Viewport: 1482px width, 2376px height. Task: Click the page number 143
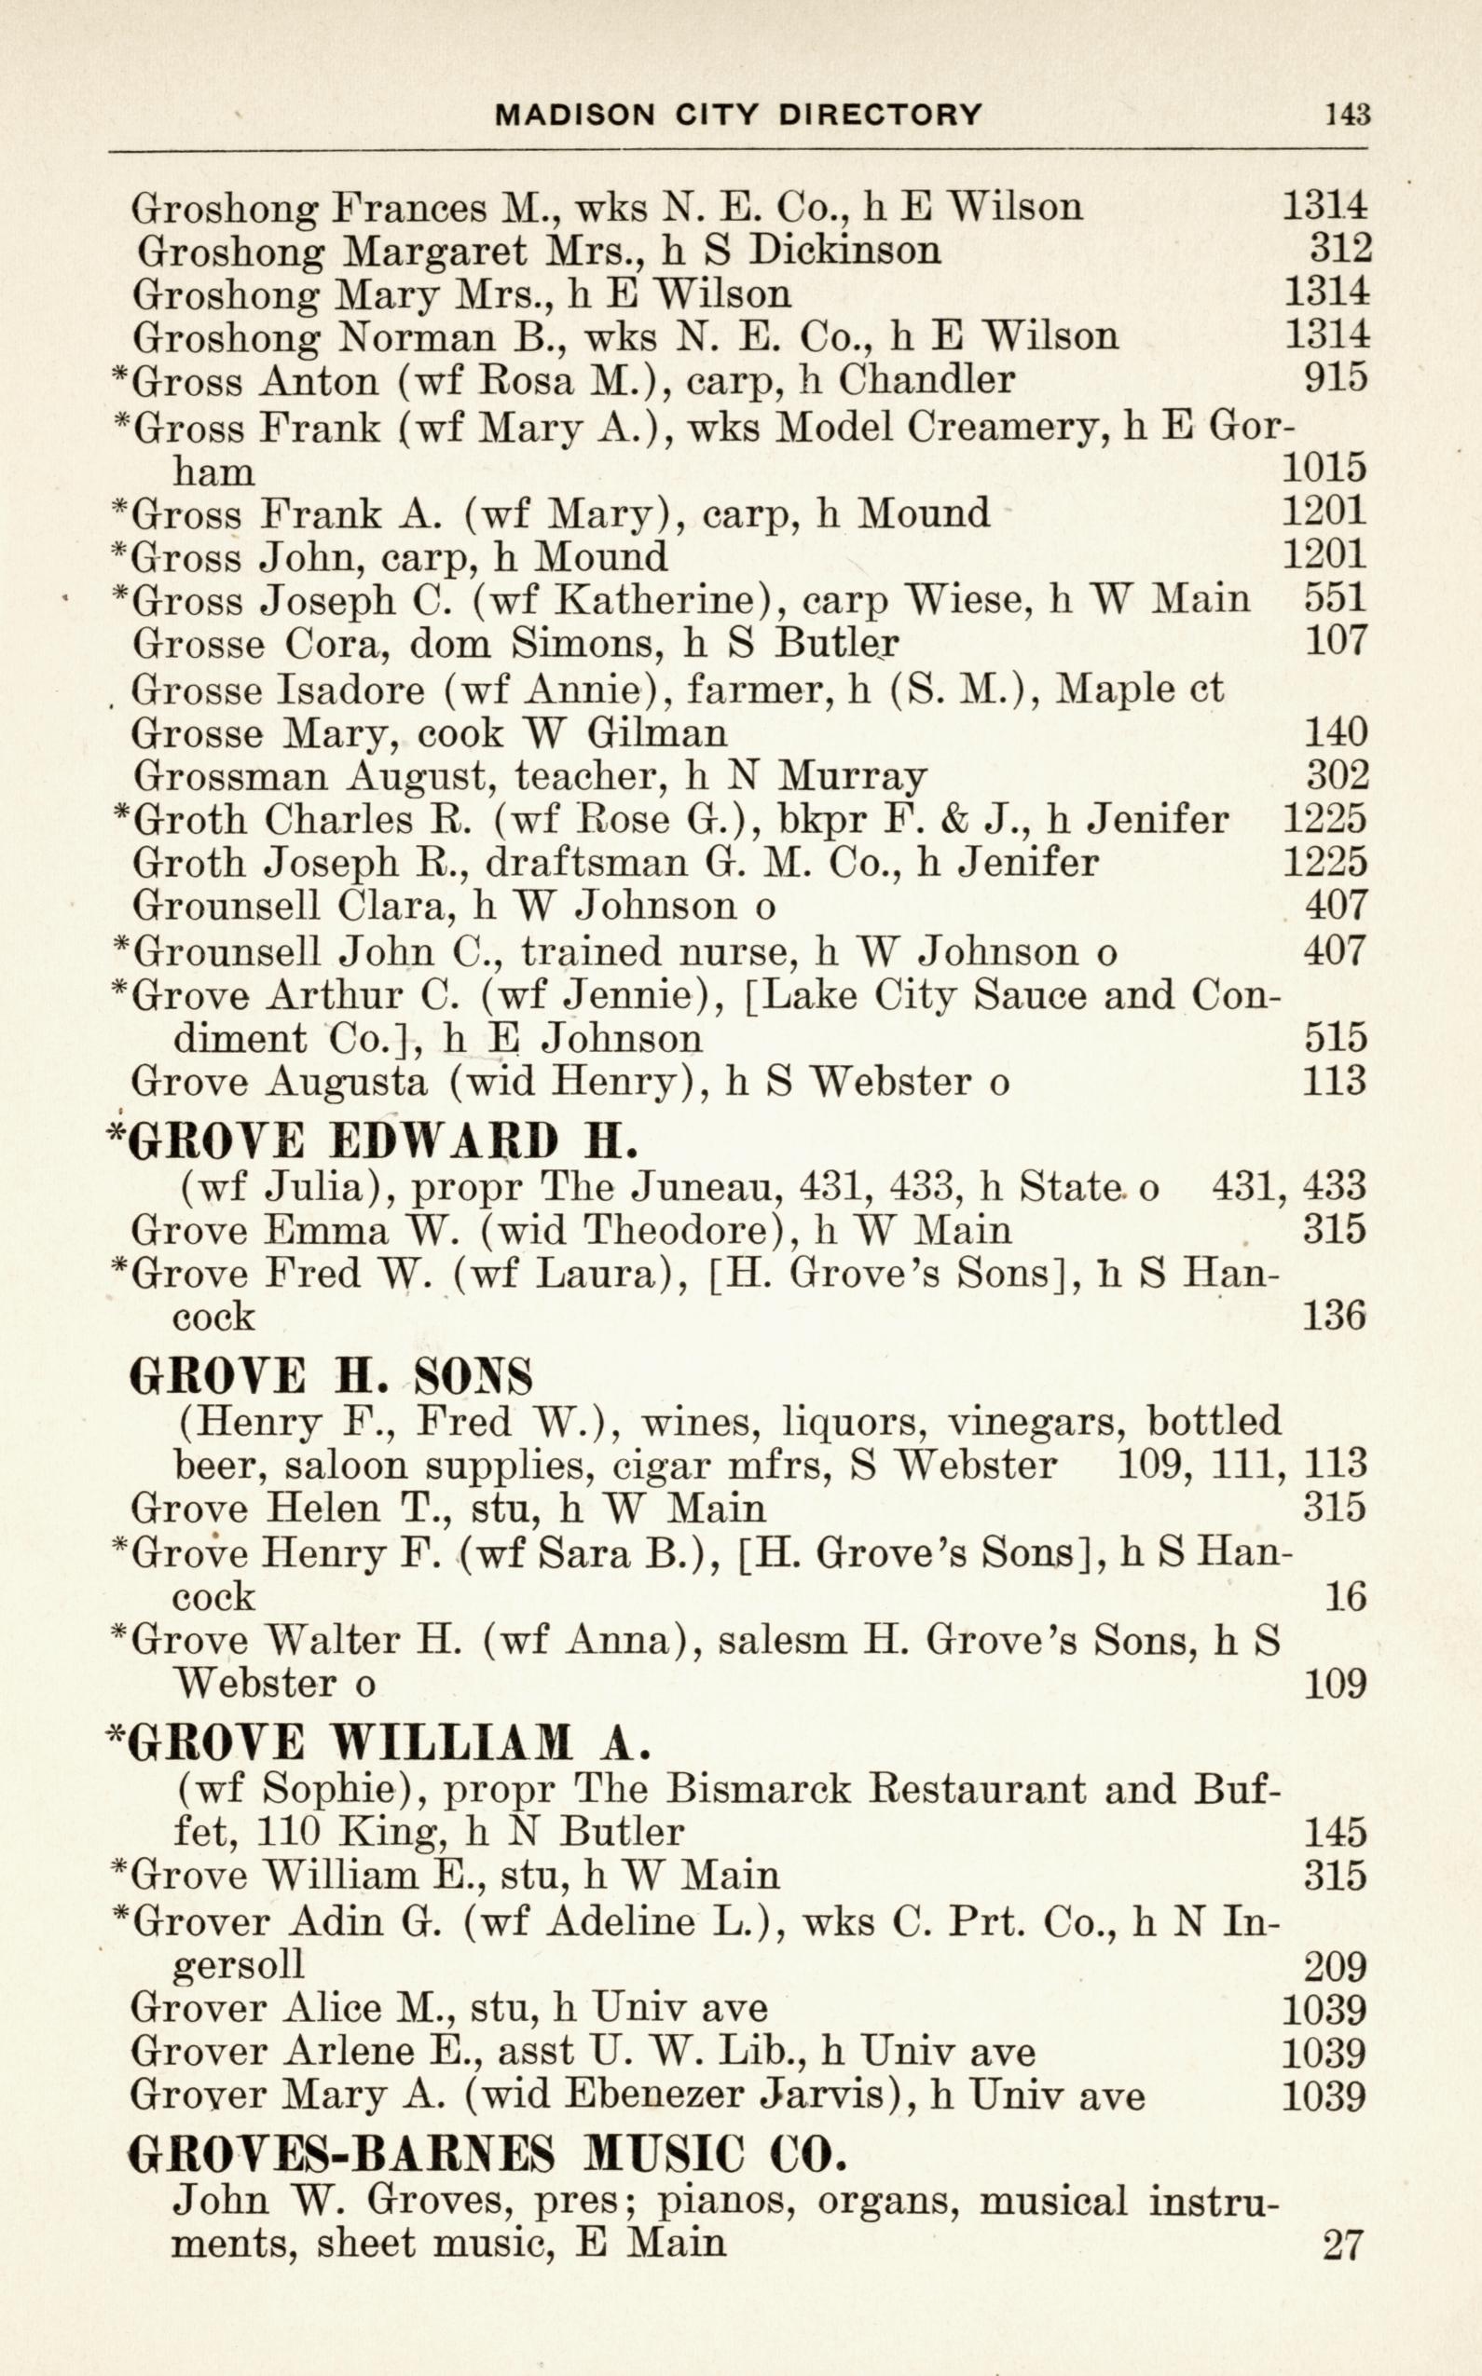tap(1348, 114)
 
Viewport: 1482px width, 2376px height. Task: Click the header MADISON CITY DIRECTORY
tap(738, 115)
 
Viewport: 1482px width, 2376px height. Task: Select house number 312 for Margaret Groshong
tap(1340, 250)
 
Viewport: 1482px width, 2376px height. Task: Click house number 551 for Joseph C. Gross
tap(1335, 597)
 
